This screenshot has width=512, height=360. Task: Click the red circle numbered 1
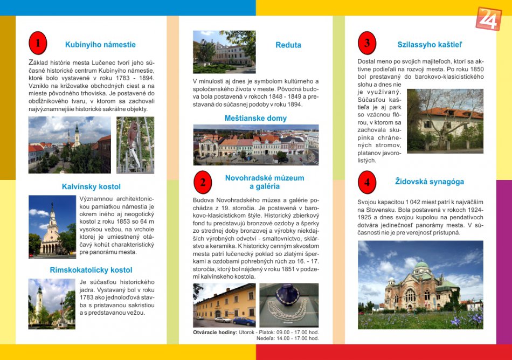pos(38,43)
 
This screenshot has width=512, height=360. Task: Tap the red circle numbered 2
pos(203,182)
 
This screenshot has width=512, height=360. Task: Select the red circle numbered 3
pos(367,43)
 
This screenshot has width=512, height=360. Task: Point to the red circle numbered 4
pos(367,182)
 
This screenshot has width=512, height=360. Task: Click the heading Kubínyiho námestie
pos(100,45)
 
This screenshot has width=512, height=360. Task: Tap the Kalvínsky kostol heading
pos(91,187)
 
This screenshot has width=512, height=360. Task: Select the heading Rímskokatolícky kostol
pos(91,270)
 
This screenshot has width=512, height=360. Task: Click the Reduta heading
pos(288,45)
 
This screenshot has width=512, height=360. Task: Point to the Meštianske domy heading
pos(255,118)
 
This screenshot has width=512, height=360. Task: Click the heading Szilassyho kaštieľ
pos(430,45)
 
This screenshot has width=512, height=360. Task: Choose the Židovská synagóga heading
pos(429,182)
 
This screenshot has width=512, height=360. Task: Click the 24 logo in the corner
pos(488,18)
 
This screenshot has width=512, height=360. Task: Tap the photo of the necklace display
pos(289,304)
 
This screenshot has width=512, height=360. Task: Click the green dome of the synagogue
pos(422,266)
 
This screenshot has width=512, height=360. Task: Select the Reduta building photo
pos(224,52)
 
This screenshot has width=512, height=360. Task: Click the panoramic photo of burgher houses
pos(255,144)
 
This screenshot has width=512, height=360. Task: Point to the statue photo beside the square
pos(135,144)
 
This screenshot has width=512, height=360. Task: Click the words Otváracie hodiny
pos(215,332)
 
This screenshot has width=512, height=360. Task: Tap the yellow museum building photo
pos(224,304)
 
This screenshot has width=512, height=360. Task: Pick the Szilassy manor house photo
pos(445,121)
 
